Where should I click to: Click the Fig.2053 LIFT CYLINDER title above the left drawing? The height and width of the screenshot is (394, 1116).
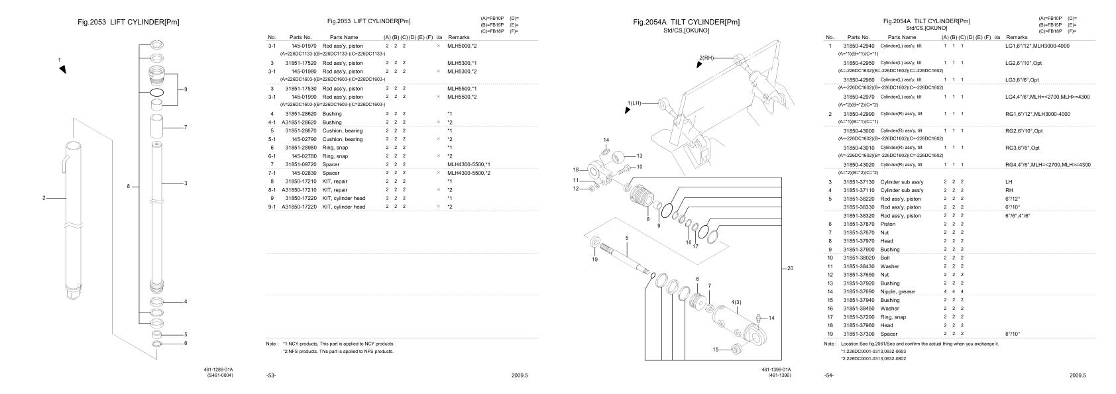coord(128,23)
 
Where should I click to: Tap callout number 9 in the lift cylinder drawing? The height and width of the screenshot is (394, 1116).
coord(186,88)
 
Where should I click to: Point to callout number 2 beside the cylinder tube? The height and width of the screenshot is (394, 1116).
coord(44,197)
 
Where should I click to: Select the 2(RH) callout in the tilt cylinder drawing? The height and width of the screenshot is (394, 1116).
coord(708,58)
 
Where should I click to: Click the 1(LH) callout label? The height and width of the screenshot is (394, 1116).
coord(636,103)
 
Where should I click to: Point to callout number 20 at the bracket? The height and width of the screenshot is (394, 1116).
coord(789,268)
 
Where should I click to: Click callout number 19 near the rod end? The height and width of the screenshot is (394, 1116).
coord(594,260)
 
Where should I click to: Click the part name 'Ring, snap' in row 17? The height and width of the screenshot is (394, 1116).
coord(893,317)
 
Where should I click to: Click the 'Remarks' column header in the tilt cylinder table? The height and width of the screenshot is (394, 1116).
coord(1017,38)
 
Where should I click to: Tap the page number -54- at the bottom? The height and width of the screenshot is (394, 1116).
coord(830,375)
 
